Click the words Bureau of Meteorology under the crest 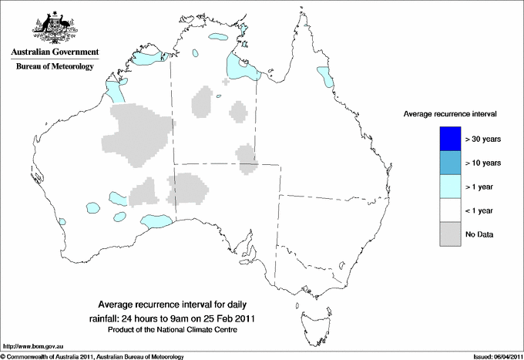[55, 67]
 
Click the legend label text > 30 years [483, 139]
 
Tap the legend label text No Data [479, 234]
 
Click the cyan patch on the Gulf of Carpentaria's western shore [234, 66]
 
